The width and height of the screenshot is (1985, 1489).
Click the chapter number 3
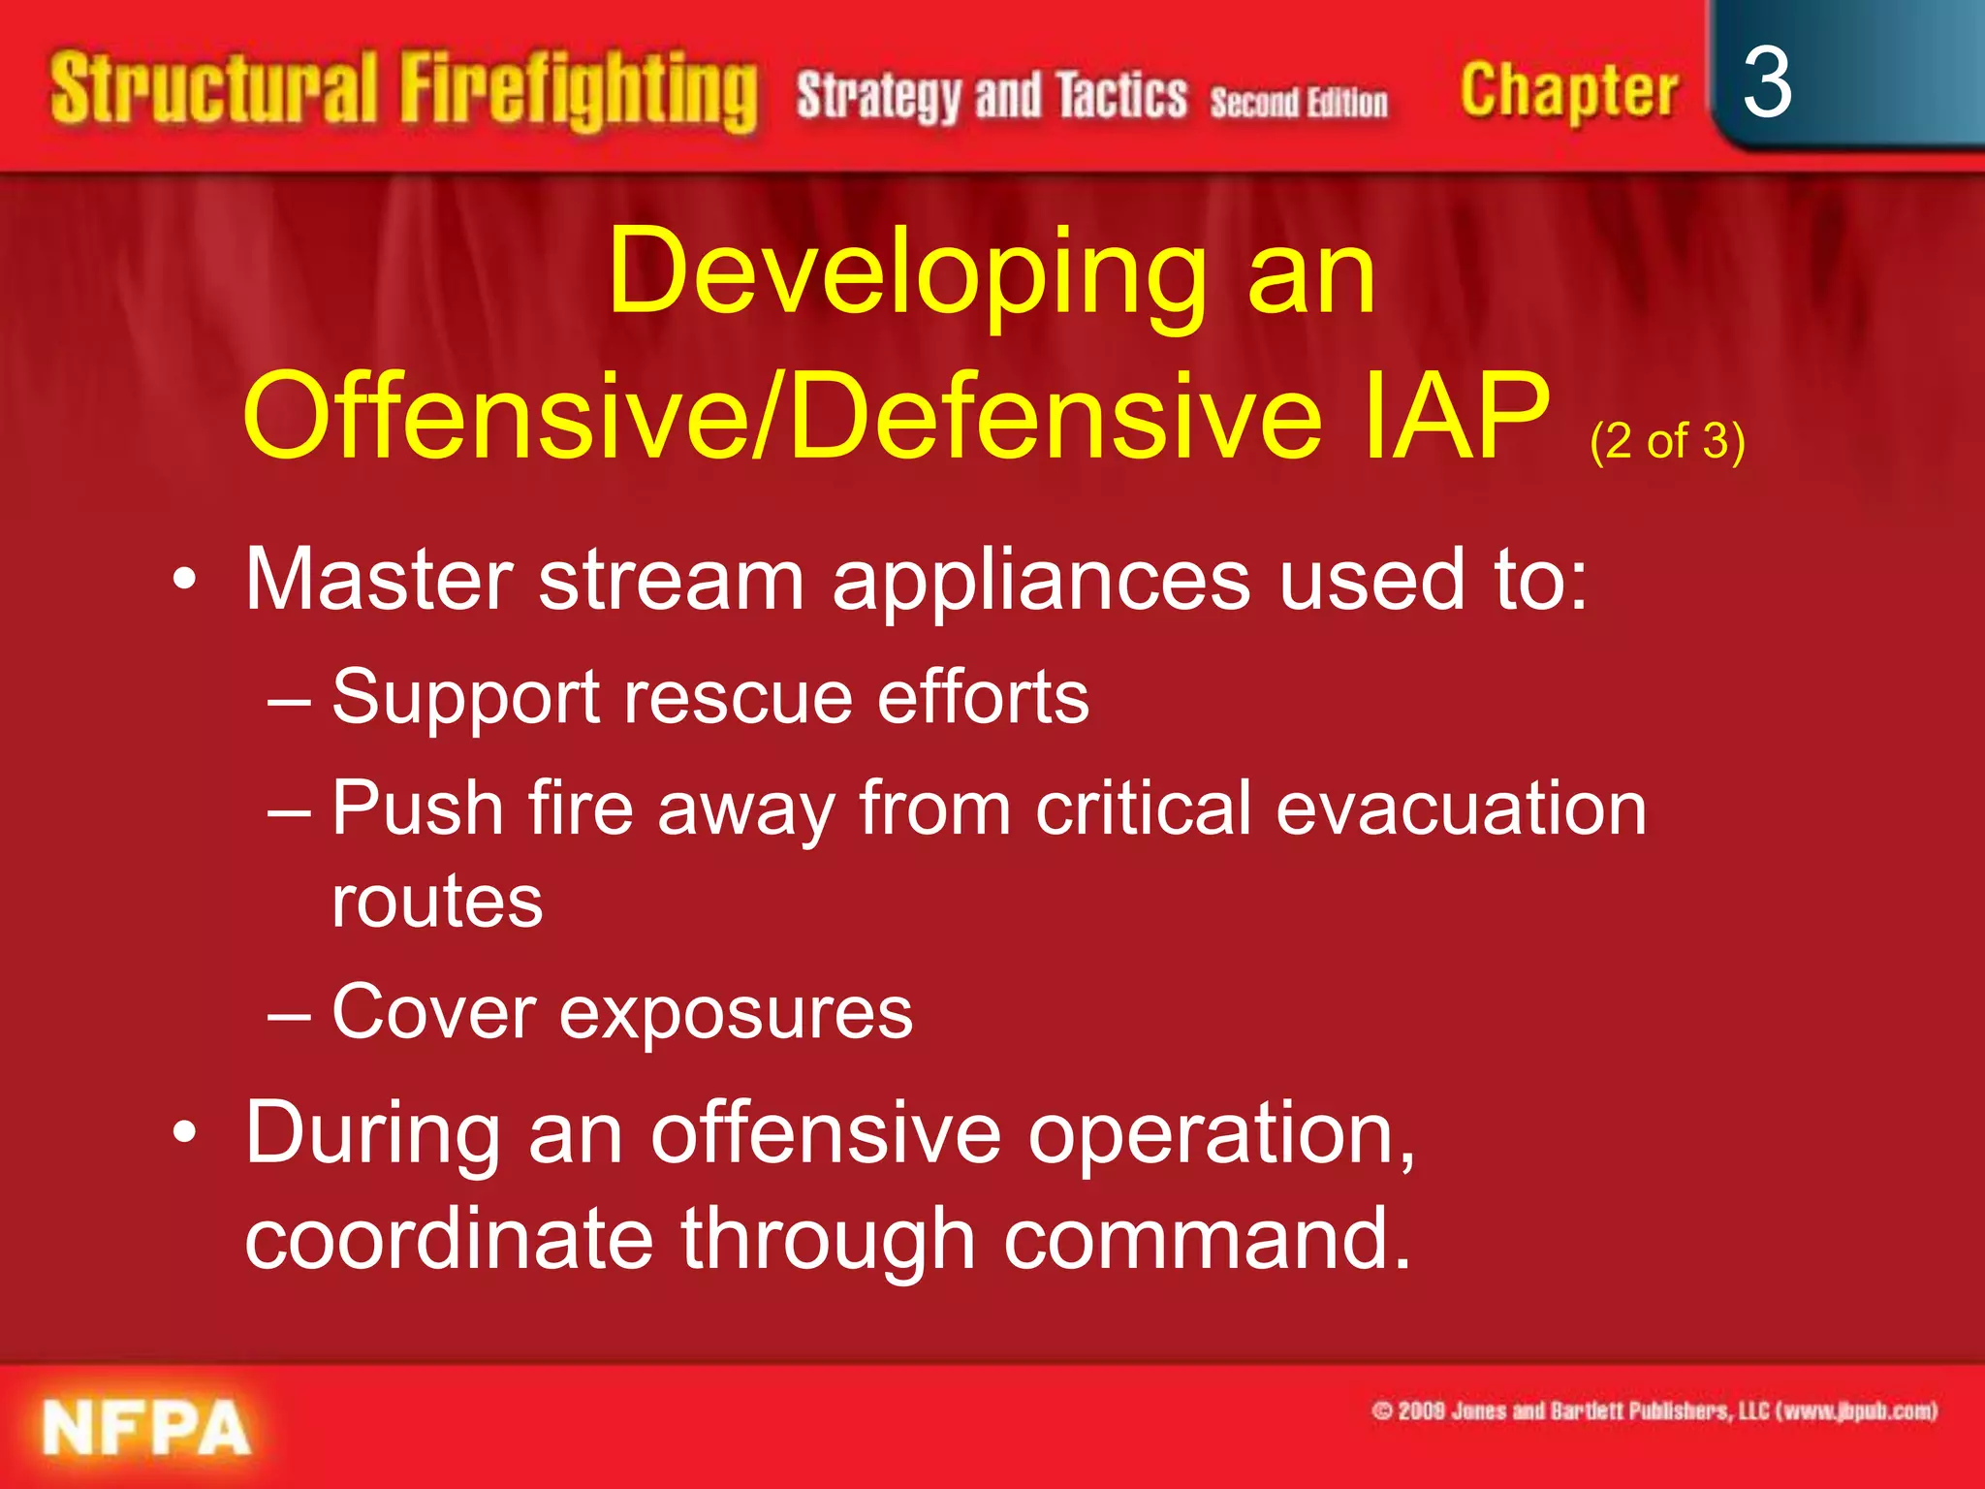1766,85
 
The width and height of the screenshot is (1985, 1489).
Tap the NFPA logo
145,1428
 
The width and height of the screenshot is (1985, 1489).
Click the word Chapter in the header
1568,93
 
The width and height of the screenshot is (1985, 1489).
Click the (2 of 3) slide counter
1667,441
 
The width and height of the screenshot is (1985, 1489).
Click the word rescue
738,697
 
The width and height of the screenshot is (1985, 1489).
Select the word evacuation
1461,809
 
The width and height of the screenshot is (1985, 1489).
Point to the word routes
437,903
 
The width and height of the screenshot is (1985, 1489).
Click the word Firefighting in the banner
579,93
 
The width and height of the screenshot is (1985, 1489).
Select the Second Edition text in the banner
1298,103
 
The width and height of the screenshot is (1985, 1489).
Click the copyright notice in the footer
1654,1410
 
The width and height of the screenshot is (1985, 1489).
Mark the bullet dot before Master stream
185,581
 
